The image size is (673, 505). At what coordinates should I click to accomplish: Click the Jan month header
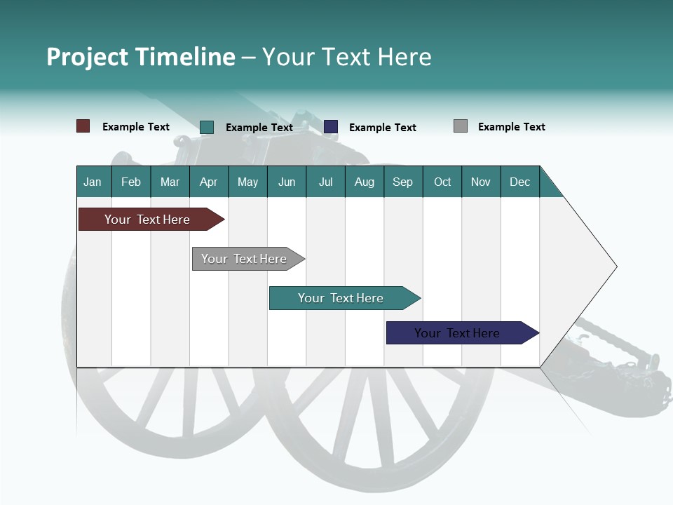(x=93, y=182)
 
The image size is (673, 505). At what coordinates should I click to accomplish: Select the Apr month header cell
(x=209, y=182)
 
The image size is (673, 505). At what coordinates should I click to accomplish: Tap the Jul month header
(x=325, y=182)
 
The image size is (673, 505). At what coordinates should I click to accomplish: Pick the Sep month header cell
(x=403, y=182)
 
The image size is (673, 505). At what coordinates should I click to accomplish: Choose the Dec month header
(x=519, y=182)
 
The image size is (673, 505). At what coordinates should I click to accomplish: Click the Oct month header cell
(x=442, y=182)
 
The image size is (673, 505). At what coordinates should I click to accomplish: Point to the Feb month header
(x=131, y=182)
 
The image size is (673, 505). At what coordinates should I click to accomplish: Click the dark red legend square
(x=83, y=126)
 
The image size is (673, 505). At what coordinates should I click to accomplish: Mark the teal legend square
(x=207, y=127)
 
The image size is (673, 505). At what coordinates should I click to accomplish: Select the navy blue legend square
(x=331, y=127)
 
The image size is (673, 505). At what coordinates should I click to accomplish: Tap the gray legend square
(x=461, y=126)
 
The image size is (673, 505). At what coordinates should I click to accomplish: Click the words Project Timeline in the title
(x=141, y=57)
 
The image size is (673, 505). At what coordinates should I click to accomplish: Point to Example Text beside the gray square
(x=511, y=127)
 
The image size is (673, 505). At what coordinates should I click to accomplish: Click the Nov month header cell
(x=481, y=182)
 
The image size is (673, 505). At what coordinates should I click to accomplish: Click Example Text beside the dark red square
(x=136, y=127)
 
